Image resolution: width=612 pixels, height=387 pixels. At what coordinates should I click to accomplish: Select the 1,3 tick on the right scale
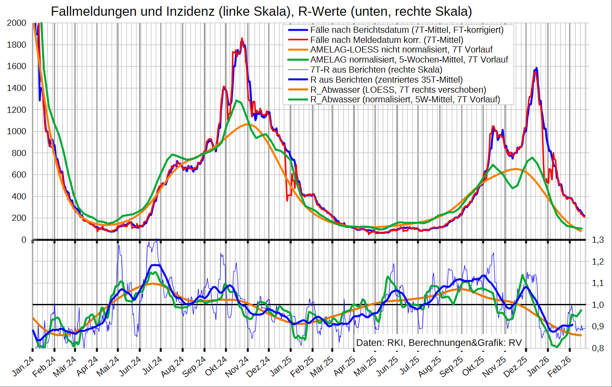[x=598, y=240]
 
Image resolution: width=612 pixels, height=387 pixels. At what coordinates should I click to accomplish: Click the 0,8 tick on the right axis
[x=598, y=348]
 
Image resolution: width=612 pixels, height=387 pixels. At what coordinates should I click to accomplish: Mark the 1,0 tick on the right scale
[x=598, y=305]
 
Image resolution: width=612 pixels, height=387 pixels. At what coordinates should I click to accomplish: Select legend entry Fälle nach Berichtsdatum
[x=407, y=30]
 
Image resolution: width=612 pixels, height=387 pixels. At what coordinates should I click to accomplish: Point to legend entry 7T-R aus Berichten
[x=376, y=70]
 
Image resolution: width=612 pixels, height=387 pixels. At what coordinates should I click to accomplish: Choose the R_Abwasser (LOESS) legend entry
[x=398, y=90]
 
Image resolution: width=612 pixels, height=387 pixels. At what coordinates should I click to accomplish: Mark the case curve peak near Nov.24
[x=242, y=39]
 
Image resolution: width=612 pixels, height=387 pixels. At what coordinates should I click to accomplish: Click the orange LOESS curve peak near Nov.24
[x=248, y=124]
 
